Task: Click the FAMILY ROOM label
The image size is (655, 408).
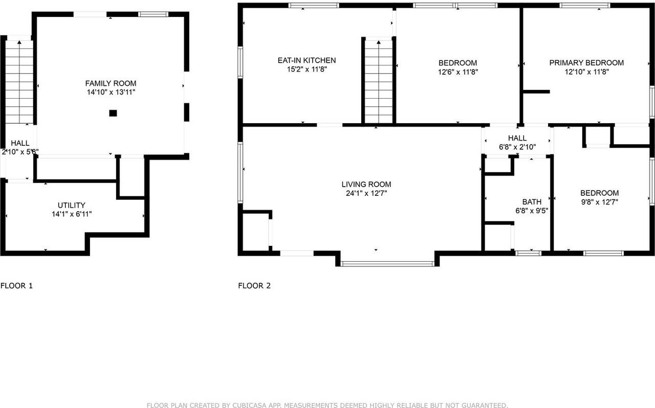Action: point(111,83)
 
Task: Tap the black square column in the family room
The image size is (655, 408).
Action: point(113,114)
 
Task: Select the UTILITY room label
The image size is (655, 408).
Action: point(72,205)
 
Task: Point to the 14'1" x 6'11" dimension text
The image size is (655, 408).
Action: point(72,214)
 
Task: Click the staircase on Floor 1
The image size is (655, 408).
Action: point(19,82)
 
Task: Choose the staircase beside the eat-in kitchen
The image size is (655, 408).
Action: point(378,81)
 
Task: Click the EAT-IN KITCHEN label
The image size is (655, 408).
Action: point(307,60)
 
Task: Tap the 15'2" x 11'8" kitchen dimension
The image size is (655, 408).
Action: point(307,70)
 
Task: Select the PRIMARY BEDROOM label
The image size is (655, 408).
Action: point(586,63)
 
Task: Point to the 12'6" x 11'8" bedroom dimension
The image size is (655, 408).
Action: point(457,72)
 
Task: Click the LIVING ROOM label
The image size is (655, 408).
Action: point(366,184)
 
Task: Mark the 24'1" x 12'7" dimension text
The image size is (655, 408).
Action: point(366,193)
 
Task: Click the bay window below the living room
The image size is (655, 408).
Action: point(387,264)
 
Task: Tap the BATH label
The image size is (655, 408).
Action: point(532,202)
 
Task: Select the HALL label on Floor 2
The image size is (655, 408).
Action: point(517,138)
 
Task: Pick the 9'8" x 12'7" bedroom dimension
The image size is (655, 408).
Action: point(599,202)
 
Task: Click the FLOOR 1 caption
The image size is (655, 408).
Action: point(16,286)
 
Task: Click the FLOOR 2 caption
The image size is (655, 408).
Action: point(254,286)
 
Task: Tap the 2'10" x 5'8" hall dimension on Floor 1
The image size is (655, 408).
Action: point(20,152)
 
